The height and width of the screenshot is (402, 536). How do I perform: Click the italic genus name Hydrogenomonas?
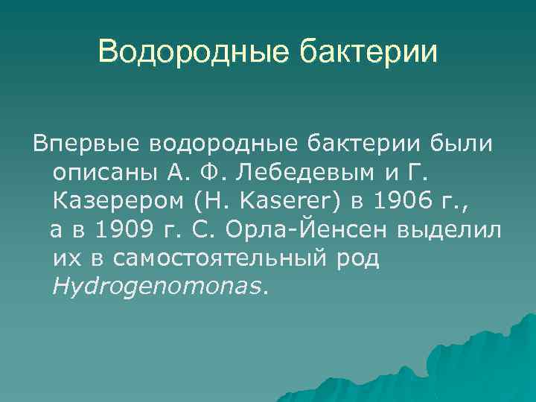pos(157,287)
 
